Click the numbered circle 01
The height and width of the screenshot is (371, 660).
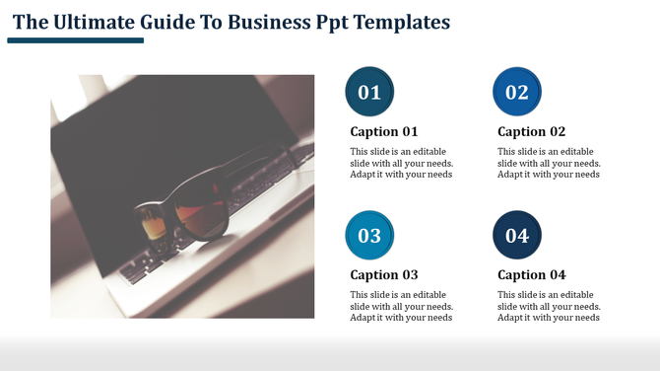[x=369, y=93]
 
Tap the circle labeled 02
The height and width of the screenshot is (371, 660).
[x=517, y=93]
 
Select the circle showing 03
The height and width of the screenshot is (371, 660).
[x=369, y=236]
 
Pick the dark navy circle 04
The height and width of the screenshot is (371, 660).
[x=517, y=236]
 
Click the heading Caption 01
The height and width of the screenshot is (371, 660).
[x=384, y=132]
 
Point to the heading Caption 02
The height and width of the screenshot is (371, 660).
[x=531, y=132]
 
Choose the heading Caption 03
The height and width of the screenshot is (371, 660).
[x=384, y=275]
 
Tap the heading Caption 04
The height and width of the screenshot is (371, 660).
[x=531, y=275]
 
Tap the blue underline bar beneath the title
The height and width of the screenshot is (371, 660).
[x=75, y=40]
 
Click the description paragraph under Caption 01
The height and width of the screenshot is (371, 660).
[x=401, y=163]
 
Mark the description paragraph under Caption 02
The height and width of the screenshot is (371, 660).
[x=549, y=163]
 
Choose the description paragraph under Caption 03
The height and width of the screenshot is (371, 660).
[x=401, y=306]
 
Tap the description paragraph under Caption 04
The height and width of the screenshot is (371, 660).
[x=549, y=306]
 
